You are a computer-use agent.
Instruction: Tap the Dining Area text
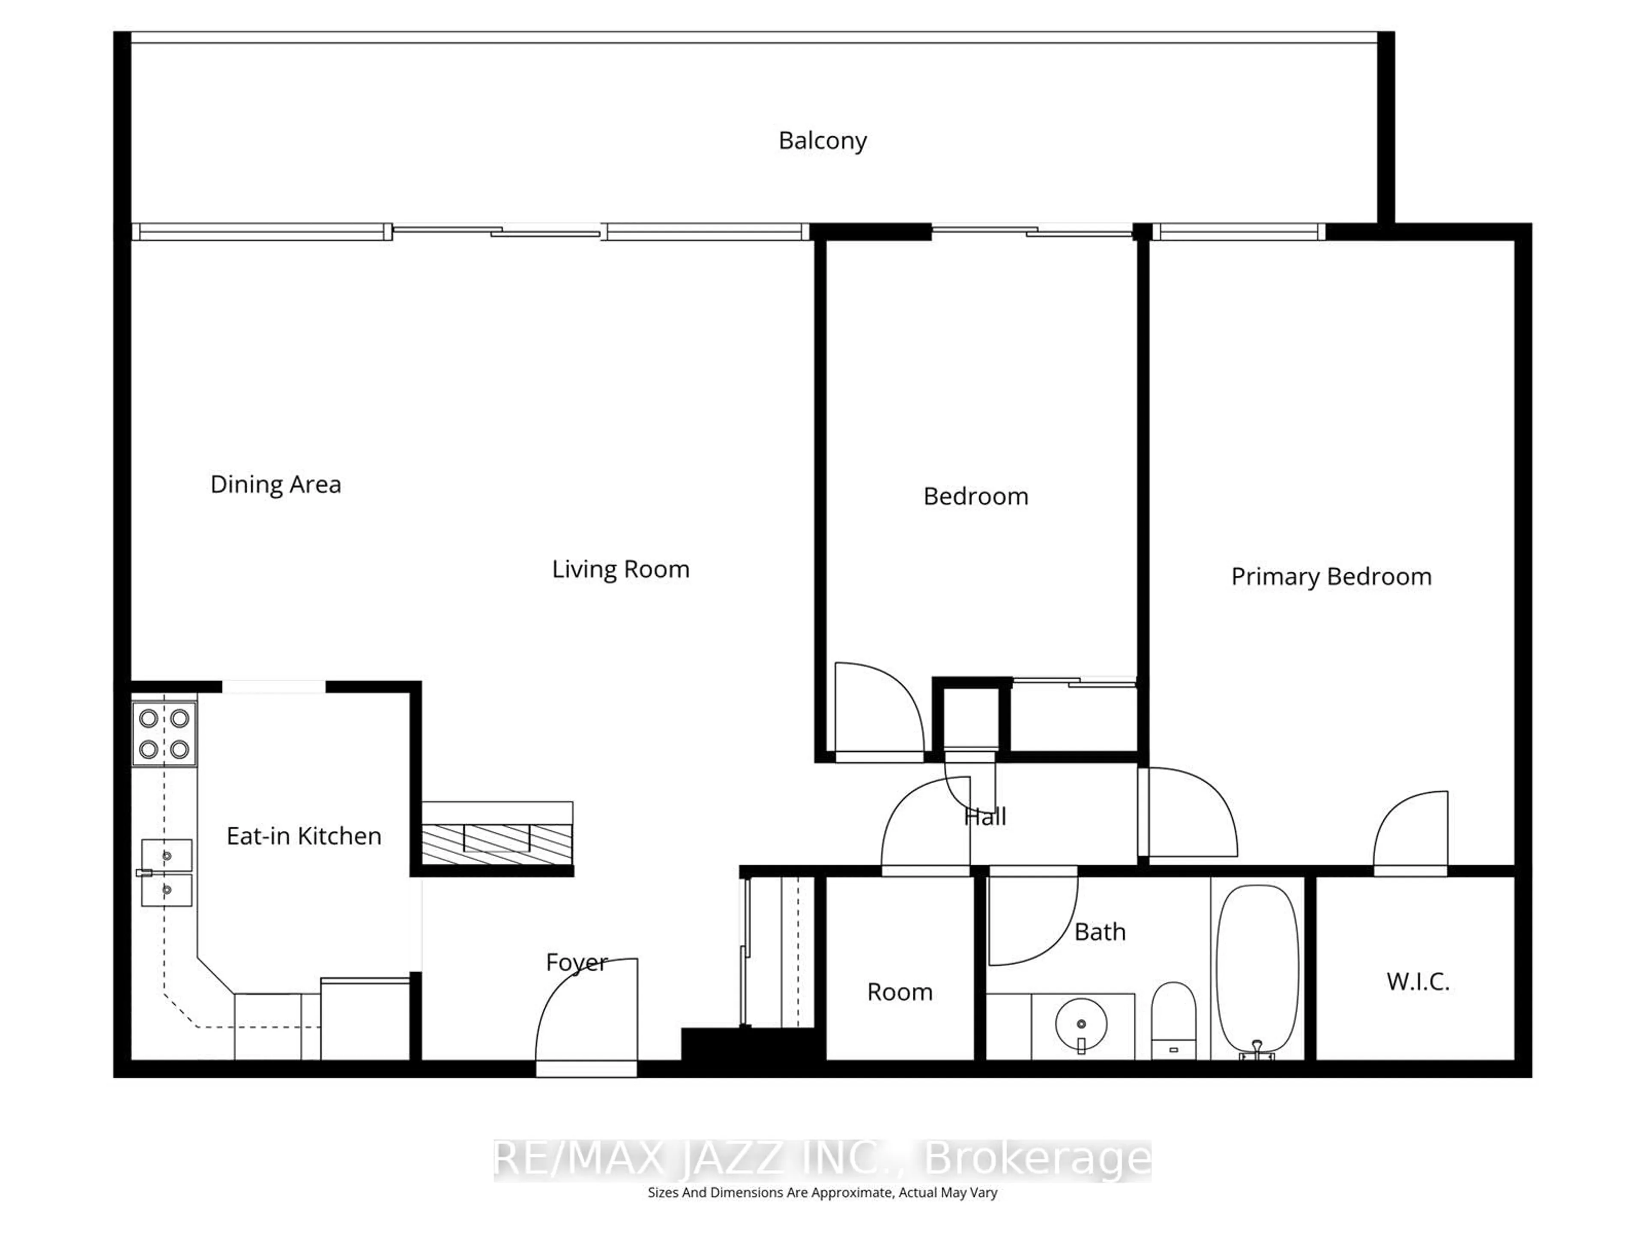tap(275, 484)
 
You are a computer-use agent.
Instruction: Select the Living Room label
tap(620, 569)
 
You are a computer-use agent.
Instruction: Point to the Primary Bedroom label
tap(1331, 576)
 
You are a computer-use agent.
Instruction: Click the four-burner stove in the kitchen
tap(164, 734)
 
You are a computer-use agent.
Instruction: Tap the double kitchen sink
tap(167, 872)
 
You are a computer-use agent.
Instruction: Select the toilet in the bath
tap(1173, 1019)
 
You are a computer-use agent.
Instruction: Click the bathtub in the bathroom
tap(1257, 967)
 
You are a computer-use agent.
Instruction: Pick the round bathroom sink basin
tap(1080, 1024)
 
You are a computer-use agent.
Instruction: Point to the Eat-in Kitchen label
tap(303, 836)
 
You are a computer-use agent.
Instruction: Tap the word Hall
tap(984, 817)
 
